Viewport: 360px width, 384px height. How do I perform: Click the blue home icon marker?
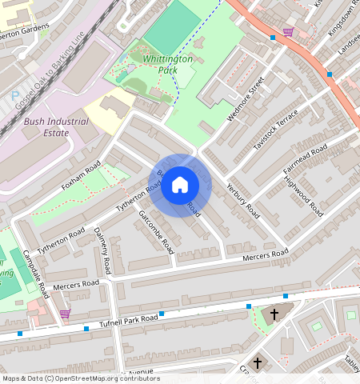tap(180, 186)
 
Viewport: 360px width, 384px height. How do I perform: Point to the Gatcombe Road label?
tap(156, 232)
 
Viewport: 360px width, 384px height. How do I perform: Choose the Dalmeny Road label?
tap(102, 247)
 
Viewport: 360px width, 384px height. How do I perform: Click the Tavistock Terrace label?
tap(275, 130)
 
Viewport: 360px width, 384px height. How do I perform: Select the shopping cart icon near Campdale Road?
tap(65, 314)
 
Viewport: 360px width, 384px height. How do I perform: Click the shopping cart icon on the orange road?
tap(287, 32)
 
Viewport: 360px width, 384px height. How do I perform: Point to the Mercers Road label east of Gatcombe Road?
tap(266, 255)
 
